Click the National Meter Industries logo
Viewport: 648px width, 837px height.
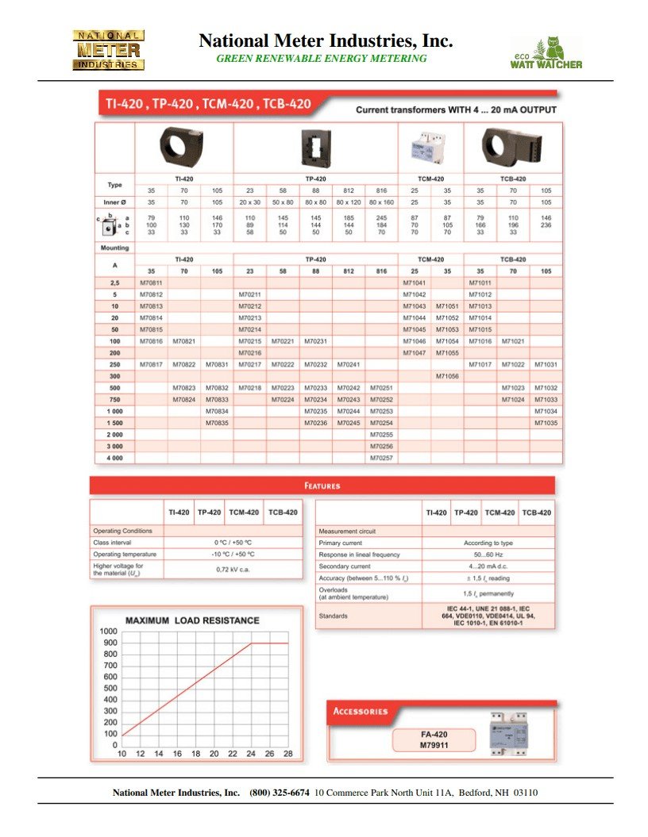pos(109,51)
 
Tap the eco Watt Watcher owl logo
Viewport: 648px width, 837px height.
pos(546,52)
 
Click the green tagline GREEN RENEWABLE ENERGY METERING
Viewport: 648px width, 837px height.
pos(322,59)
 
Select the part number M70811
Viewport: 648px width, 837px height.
pos(151,282)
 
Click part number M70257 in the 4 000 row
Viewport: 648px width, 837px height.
pos(381,458)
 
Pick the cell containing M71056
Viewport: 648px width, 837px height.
pos(447,376)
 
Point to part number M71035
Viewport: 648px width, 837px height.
pos(546,423)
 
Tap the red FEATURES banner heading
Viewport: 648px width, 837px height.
pos(322,486)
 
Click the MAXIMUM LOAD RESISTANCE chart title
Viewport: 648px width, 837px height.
pos(192,620)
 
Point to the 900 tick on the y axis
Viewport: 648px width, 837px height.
pos(108,643)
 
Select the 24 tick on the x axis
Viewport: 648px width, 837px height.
pos(251,754)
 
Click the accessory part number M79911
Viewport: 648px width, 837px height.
pos(434,746)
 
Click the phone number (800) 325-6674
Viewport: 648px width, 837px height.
pos(279,793)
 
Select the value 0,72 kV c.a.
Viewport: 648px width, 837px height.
pos(233,569)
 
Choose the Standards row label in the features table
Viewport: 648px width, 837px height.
pos(333,616)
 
